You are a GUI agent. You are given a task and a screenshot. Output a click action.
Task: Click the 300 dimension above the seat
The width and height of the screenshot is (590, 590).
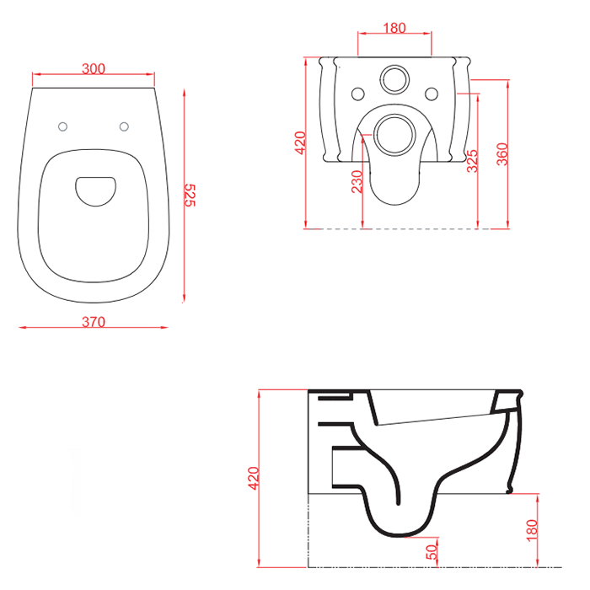[x=94, y=69]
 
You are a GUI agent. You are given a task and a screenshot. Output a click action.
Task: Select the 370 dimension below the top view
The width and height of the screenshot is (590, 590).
[x=94, y=321]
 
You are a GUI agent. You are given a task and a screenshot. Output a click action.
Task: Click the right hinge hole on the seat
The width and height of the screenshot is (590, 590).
[x=125, y=126]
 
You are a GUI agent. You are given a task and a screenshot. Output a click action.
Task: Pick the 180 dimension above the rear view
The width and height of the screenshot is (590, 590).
[x=394, y=28]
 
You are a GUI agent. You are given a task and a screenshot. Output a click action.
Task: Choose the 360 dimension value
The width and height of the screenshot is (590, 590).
[x=502, y=153]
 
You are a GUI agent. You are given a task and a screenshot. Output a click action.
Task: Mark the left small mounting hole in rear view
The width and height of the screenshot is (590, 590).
[x=357, y=93]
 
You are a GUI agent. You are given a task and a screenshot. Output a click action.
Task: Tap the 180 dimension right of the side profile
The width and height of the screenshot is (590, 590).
[x=531, y=530]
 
